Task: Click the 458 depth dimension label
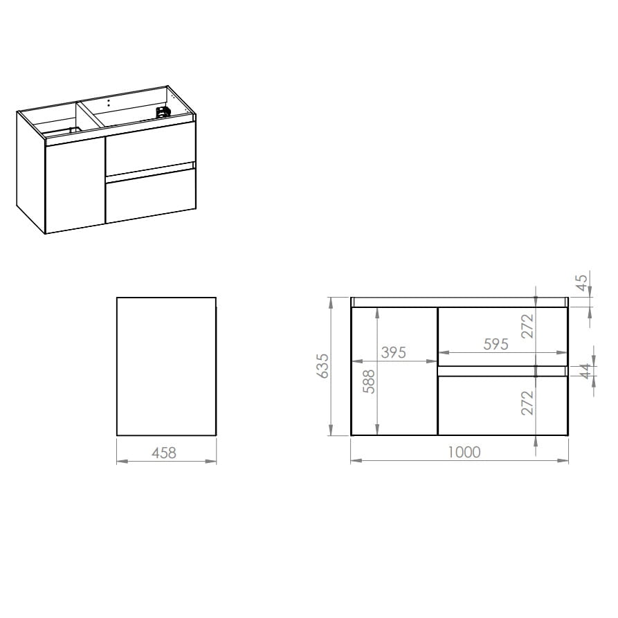tap(164, 453)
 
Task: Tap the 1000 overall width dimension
tap(464, 452)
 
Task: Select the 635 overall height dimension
tap(322, 366)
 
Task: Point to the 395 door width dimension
tap(393, 352)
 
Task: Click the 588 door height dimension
tap(370, 381)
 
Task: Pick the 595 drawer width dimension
tap(496, 344)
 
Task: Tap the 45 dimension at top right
tap(581, 282)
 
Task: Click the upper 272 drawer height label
tap(527, 326)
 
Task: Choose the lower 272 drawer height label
tap(527, 403)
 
